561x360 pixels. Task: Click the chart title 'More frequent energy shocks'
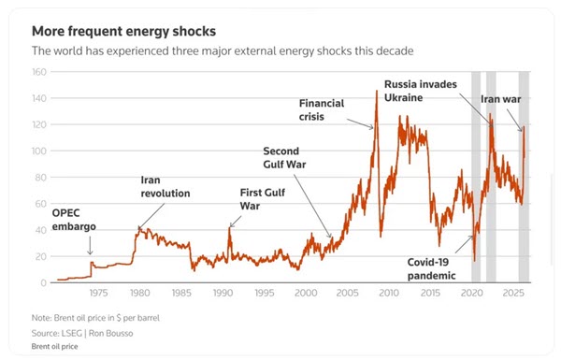(123, 32)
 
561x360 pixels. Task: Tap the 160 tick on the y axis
(39, 72)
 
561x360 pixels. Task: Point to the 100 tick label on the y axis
(39, 151)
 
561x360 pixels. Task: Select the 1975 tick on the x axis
(98, 293)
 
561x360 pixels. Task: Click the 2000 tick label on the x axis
(306, 293)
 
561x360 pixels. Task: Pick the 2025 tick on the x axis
(513, 293)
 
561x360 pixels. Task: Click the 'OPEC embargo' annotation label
(74, 220)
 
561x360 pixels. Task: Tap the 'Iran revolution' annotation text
(165, 186)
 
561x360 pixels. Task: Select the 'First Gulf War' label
(263, 199)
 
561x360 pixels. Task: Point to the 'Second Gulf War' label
(284, 158)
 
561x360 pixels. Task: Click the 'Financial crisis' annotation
(322, 109)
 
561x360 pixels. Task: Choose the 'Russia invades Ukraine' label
(421, 91)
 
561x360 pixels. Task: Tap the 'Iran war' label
(500, 99)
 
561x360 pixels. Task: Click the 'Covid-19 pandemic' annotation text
(431, 269)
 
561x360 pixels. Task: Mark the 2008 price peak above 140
(377, 92)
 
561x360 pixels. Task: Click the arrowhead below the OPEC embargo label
(90, 252)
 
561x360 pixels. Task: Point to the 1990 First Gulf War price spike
(229, 228)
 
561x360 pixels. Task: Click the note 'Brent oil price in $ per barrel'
(107, 318)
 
